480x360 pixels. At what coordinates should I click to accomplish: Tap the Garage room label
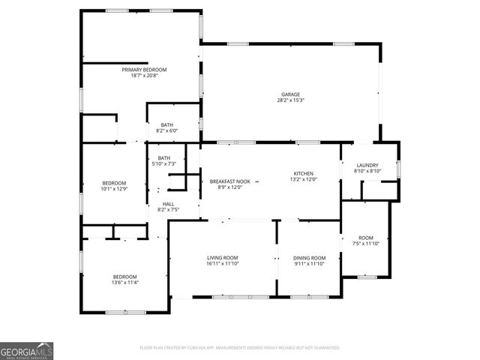[x=290, y=94]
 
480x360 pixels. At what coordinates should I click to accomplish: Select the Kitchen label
[x=304, y=173]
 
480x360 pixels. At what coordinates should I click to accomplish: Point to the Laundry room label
[x=367, y=165]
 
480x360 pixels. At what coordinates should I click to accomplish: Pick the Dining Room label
[x=309, y=258]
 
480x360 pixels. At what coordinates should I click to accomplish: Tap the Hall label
[x=168, y=204]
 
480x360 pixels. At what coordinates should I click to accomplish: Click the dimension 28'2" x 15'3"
[x=290, y=100]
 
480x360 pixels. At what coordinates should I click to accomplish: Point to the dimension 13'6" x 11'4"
[x=125, y=283]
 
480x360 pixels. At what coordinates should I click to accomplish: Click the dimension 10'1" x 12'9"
[x=114, y=189]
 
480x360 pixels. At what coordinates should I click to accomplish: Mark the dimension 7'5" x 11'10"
[x=366, y=244]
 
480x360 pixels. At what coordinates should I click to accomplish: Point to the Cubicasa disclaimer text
[x=240, y=348]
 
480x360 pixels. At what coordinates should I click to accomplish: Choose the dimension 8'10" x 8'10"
[x=367, y=171]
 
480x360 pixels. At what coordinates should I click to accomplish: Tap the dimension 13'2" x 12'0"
[x=304, y=179]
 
